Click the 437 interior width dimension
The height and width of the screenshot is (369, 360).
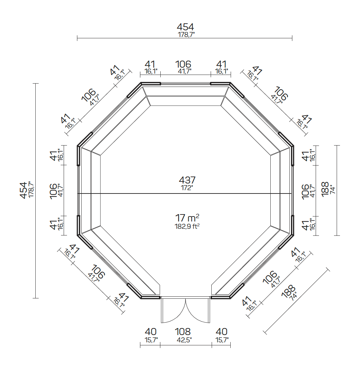pyautogui.click(x=187, y=180)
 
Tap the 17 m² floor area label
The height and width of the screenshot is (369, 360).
pyautogui.click(x=187, y=218)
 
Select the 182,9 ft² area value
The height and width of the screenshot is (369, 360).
pyautogui.click(x=187, y=226)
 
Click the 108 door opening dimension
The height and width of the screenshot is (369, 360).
pyautogui.click(x=183, y=332)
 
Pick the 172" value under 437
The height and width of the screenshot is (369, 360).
pyautogui.click(x=187, y=188)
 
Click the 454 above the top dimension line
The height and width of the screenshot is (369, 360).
pyautogui.click(x=185, y=27)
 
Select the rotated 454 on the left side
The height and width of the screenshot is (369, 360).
pyautogui.click(x=23, y=190)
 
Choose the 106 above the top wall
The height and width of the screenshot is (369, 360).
pyautogui.click(x=183, y=64)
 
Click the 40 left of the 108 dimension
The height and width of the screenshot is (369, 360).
pyautogui.click(x=150, y=332)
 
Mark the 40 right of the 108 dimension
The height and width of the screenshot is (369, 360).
pyautogui.click(x=221, y=332)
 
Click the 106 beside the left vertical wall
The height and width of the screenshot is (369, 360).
pyautogui.click(x=54, y=191)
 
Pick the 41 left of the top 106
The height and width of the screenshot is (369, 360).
pyautogui.click(x=150, y=64)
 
